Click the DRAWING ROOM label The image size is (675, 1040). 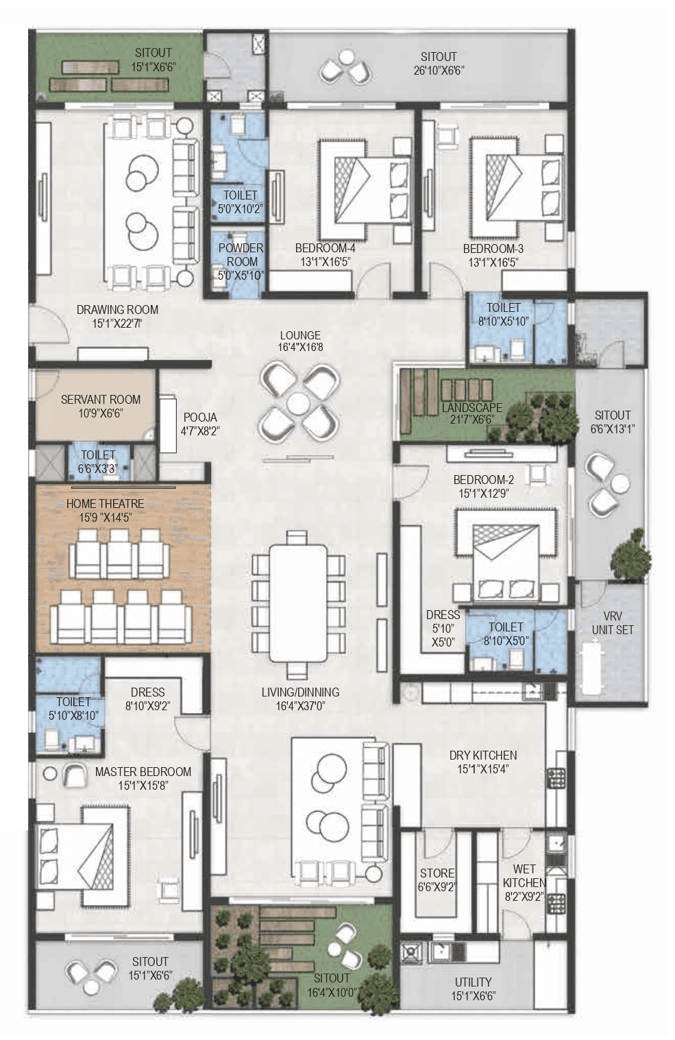point(117,309)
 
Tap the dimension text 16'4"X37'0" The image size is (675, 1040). point(300,706)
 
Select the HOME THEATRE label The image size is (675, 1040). point(105,504)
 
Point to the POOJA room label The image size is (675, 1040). point(200,417)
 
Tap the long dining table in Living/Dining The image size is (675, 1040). point(298,603)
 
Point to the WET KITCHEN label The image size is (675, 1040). point(524,875)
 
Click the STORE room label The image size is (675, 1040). point(437,873)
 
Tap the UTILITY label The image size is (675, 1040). point(473,982)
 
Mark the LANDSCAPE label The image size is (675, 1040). point(471,407)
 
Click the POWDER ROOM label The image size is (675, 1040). point(241,254)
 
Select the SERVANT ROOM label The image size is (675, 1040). point(101,399)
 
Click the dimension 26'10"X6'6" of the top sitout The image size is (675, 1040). point(439,70)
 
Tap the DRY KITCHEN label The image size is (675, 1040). point(483,755)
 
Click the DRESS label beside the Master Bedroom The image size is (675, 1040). point(147,692)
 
